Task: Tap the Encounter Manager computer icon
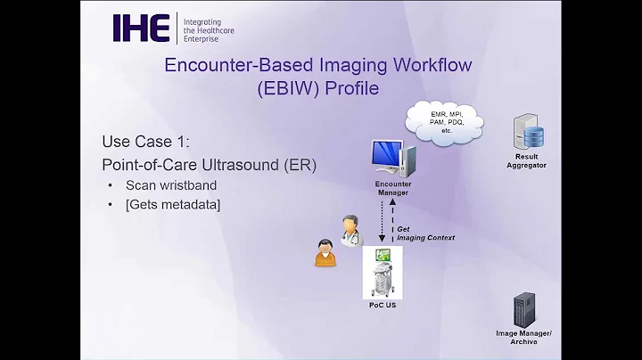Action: pos(391,157)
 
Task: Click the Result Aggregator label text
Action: pos(527,160)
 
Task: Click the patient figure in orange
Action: pos(325,252)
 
